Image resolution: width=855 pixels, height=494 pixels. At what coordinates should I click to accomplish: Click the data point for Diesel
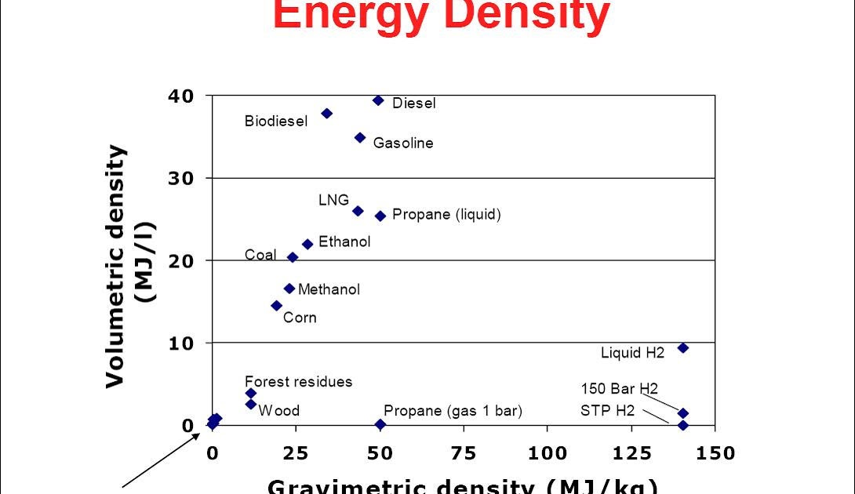378,100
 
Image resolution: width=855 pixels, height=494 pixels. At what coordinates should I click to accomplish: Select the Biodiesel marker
327,114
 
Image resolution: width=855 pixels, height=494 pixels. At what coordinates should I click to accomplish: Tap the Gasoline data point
360,137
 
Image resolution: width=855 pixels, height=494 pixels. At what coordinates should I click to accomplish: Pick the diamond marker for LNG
358,211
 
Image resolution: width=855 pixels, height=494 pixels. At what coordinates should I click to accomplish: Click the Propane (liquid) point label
446,215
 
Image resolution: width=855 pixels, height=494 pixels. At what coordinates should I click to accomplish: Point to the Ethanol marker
307,244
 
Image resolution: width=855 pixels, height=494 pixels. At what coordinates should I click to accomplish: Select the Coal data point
293,257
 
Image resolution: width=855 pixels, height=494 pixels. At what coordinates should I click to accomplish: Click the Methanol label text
329,289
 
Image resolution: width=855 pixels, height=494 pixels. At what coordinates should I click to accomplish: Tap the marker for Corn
276,306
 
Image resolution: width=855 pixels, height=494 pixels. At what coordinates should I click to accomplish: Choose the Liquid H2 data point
682,347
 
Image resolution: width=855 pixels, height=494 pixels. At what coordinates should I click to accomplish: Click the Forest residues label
298,382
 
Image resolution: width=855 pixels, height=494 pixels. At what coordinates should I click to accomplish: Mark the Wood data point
250,404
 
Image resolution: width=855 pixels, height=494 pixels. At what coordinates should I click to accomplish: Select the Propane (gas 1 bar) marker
380,424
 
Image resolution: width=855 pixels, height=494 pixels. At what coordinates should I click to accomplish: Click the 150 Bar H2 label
619,388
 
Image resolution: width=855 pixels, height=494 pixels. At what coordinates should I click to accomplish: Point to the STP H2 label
607,410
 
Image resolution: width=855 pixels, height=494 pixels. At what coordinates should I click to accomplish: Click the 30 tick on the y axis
180,178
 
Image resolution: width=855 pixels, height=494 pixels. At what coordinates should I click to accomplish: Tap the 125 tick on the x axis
631,452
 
